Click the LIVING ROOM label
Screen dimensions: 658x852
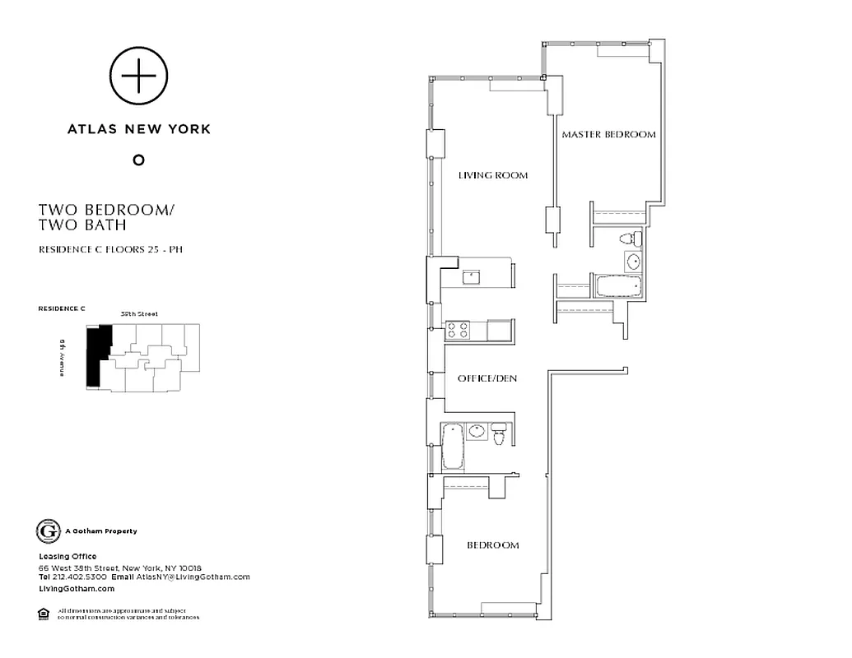492,175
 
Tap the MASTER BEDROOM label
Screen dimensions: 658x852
608,134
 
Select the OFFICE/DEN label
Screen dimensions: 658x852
487,378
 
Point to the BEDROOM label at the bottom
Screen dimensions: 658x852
493,545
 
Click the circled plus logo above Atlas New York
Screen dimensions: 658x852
139,76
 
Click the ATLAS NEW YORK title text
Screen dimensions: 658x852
139,129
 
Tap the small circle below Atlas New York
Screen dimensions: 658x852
138,160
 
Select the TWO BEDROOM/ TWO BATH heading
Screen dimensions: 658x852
106,217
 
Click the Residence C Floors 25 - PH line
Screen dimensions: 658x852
110,249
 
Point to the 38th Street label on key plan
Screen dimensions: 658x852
138,314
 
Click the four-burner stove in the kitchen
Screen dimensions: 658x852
458,331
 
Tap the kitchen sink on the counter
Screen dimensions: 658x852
471,276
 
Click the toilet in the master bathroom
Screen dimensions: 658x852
630,239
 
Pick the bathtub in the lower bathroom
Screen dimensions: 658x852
452,445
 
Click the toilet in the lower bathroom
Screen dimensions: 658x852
499,433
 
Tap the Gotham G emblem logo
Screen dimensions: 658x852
49,531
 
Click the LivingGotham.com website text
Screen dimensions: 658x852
77,589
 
